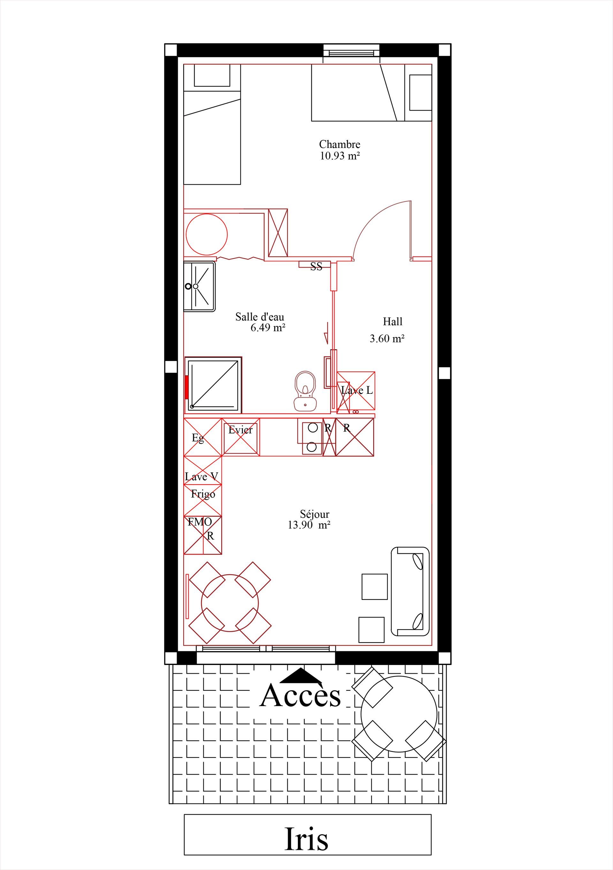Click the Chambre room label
click(339, 144)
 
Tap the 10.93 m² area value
click(340, 156)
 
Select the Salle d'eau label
click(260, 317)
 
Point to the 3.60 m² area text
click(387, 338)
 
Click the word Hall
click(392, 322)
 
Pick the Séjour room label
click(314, 515)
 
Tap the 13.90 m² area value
click(309, 525)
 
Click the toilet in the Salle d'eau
click(305, 391)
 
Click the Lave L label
click(357, 390)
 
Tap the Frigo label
click(203, 494)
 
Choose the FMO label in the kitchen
click(200, 522)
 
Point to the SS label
click(316, 267)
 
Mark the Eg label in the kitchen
click(198, 438)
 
